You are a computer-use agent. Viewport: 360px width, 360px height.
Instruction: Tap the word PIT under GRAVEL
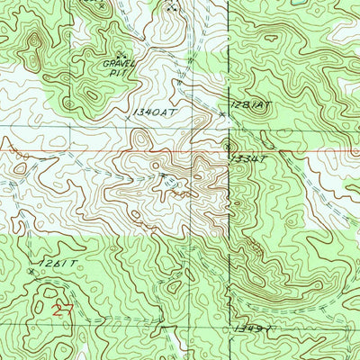(x=120, y=75)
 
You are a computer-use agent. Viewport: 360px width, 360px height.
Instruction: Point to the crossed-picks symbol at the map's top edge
(x=173, y=6)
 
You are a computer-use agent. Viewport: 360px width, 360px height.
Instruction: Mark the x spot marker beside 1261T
(x=31, y=270)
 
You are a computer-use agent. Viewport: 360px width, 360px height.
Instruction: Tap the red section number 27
(x=62, y=310)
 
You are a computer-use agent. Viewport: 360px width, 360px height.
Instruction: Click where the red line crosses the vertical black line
(x=228, y=151)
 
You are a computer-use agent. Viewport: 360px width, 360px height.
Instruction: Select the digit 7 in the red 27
(x=67, y=310)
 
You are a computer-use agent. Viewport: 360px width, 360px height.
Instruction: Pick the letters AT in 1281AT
(x=263, y=106)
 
